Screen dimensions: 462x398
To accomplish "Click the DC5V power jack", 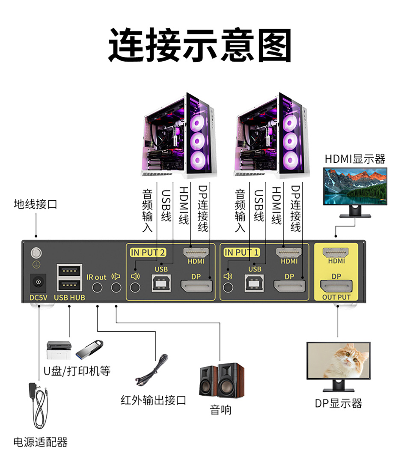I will tap(39, 282).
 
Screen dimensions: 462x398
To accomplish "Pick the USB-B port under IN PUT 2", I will tap(161, 283).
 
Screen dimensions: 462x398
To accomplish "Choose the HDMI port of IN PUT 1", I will tap(289, 252).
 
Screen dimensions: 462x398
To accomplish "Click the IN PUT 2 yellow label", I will tap(147, 252).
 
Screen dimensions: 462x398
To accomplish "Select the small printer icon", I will tap(59, 350).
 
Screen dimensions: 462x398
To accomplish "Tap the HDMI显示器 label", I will tap(355, 159).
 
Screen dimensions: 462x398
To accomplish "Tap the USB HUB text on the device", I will tap(69, 297).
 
